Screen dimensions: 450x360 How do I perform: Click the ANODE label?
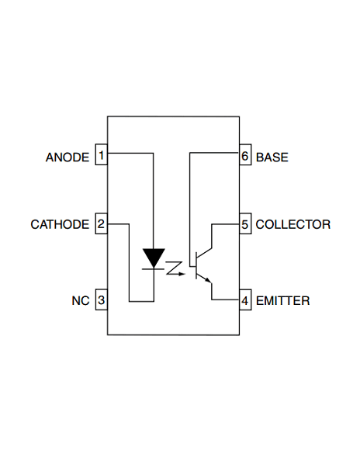67,157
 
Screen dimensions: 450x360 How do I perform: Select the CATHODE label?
60,225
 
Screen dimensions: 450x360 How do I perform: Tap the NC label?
81,300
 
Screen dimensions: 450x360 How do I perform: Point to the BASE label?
272,157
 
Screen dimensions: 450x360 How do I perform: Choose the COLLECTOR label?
292,225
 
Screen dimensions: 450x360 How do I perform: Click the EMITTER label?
282,300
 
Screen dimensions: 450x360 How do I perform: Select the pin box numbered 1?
101,156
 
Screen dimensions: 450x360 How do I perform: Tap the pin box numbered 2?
101,225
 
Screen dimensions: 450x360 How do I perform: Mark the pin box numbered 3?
101,300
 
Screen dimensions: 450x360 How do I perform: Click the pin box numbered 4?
244,300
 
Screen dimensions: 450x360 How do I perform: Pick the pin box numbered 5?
244,225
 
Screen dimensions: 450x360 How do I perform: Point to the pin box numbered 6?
244,156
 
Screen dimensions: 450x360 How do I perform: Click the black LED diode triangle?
154,257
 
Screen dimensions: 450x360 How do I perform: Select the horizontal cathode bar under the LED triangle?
154,268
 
